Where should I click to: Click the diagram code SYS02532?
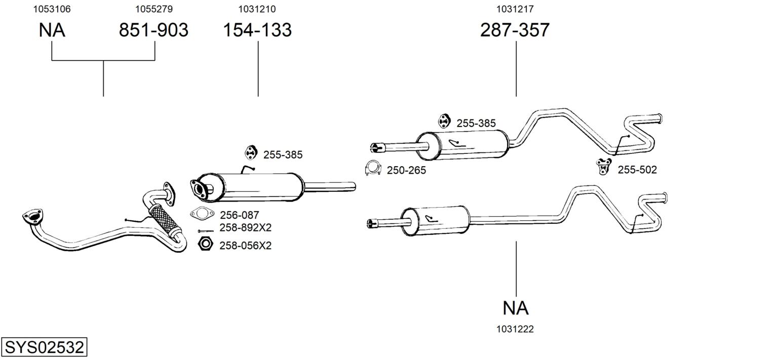(44, 347)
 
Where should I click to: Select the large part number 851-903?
(153, 30)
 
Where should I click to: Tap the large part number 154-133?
(257, 30)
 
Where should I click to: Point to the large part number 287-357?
(515, 30)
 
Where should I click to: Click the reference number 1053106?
(52, 9)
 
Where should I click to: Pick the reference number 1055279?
(154, 9)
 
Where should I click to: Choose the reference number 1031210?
(257, 9)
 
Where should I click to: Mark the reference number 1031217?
(515, 9)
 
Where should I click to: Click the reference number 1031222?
(515, 329)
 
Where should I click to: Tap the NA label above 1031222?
(516, 308)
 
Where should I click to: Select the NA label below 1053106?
(52, 30)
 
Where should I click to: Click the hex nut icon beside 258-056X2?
(206, 244)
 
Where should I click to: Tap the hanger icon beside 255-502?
(604, 167)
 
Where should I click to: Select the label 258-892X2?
(246, 228)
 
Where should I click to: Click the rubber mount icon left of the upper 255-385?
(443, 121)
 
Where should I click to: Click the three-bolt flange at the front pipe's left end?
(33, 216)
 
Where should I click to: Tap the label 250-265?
(406, 171)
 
